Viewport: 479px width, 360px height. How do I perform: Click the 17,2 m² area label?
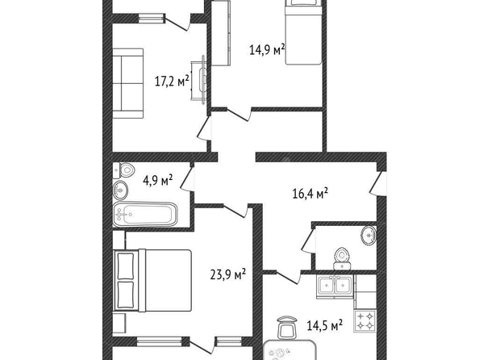[x=173, y=81]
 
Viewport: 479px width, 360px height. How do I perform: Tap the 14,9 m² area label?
[x=267, y=49]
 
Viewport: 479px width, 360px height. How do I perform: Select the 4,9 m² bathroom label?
[x=157, y=180]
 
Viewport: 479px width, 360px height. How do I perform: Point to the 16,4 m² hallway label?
[x=310, y=193]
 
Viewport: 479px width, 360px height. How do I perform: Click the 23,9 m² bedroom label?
[x=228, y=274]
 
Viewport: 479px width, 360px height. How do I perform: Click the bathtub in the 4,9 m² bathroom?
[x=145, y=214]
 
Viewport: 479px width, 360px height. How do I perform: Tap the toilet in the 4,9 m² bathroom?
[x=124, y=170]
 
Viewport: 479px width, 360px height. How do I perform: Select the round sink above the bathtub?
[x=120, y=190]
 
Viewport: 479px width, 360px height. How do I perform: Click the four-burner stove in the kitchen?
[x=365, y=320]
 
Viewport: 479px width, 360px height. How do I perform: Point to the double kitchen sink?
[x=335, y=287]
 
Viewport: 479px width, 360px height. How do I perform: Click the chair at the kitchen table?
[x=287, y=328]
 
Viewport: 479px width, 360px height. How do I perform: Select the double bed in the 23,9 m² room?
[x=152, y=280]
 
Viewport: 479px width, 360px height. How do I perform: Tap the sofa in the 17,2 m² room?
[x=128, y=83]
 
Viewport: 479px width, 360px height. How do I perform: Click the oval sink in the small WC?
[x=369, y=236]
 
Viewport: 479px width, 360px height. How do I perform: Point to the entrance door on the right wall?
[x=378, y=182]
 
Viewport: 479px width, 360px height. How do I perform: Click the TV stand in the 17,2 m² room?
[x=199, y=80]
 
